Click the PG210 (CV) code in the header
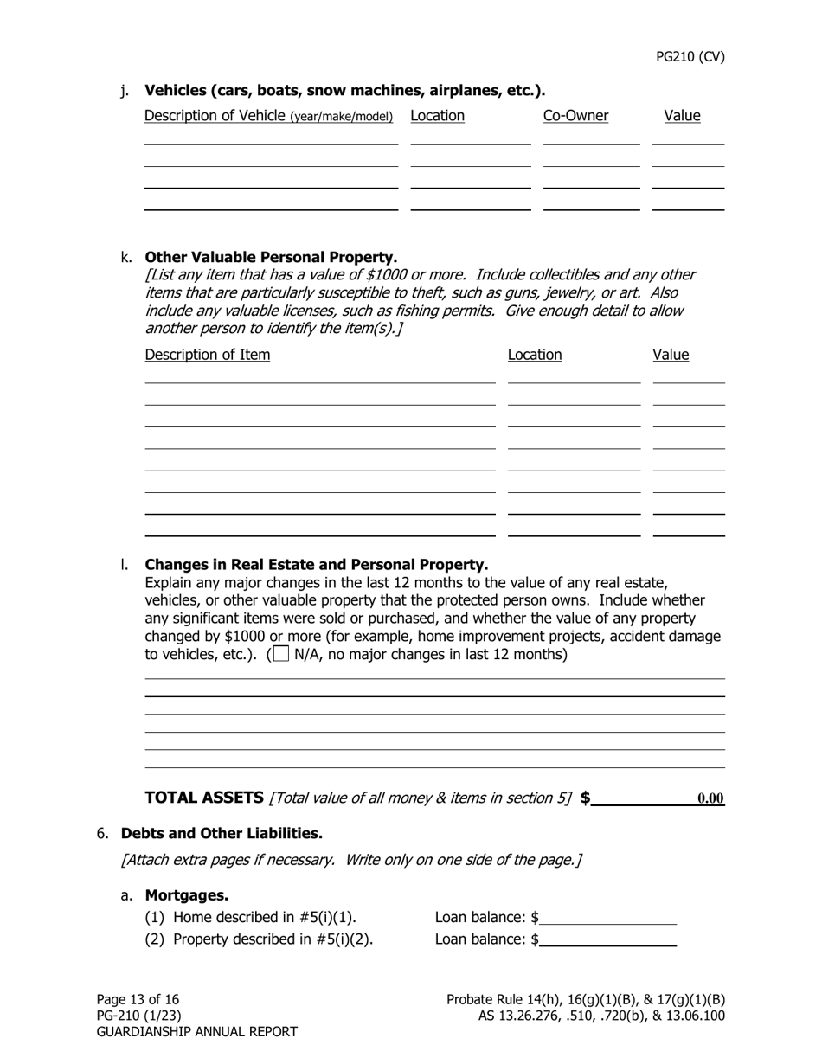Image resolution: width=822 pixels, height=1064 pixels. click(690, 57)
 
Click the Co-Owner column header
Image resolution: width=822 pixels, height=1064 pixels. click(575, 116)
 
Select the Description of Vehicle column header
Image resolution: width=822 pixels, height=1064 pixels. click(268, 116)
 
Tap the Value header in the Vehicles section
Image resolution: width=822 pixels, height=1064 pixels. click(682, 116)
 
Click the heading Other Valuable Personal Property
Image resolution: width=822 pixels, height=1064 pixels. click(271, 257)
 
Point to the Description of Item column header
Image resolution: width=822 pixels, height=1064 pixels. click(207, 355)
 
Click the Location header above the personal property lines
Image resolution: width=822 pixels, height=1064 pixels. click(534, 355)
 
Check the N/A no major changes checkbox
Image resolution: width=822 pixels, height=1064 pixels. click(280, 654)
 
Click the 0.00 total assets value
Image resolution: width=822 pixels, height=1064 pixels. click(710, 798)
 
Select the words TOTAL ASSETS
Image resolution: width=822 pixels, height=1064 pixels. click(204, 798)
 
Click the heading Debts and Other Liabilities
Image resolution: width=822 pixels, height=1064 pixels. click(222, 833)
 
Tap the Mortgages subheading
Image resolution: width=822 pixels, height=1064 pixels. click(186, 895)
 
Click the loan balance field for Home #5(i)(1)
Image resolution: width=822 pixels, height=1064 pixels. click(607, 917)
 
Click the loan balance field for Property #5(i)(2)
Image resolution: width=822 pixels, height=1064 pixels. click(607, 939)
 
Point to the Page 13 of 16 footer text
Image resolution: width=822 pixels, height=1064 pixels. click(138, 999)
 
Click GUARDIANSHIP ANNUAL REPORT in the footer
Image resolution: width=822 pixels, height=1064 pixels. click(196, 1032)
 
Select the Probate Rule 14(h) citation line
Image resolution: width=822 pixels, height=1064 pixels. click(586, 999)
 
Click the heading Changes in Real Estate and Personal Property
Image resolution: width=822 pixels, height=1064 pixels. click(316, 565)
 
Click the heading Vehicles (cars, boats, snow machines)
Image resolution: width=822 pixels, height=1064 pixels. click(344, 90)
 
